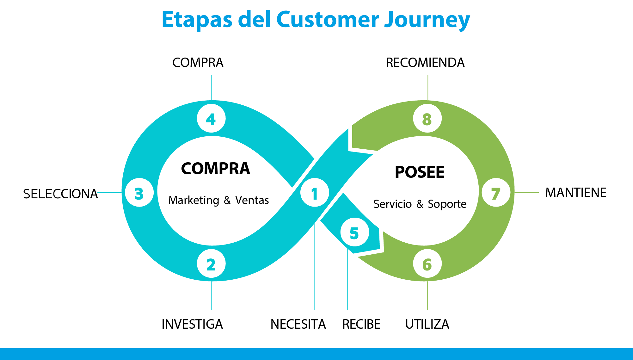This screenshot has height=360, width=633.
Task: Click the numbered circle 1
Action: tap(315, 193)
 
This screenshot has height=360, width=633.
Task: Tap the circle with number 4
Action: tap(211, 119)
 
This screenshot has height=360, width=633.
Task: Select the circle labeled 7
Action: tap(496, 193)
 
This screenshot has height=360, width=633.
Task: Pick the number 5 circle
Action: tap(355, 233)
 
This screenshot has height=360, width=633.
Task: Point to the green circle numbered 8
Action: tap(427, 119)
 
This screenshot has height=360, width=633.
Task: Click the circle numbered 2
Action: tap(211, 264)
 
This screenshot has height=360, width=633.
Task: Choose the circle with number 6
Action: tap(427, 264)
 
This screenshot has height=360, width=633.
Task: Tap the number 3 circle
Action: tap(139, 193)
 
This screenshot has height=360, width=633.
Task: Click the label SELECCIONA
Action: tap(60, 194)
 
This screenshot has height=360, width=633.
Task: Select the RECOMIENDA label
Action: tap(425, 63)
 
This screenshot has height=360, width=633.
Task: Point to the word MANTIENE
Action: tap(575, 193)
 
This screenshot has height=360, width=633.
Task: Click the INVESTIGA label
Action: tap(192, 324)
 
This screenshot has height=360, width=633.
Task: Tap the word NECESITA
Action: tap(298, 324)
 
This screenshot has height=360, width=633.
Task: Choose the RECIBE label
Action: tap(361, 324)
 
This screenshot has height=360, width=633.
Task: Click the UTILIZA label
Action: tap(427, 324)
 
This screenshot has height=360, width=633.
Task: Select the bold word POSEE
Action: tap(420, 172)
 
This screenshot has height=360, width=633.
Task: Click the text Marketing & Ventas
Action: tap(218, 200)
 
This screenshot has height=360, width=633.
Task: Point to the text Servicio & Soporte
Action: tap(420, 204)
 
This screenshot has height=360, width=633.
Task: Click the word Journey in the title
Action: tap(427, 20)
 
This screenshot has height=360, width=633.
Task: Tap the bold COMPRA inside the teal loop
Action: tap(215, 169)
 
